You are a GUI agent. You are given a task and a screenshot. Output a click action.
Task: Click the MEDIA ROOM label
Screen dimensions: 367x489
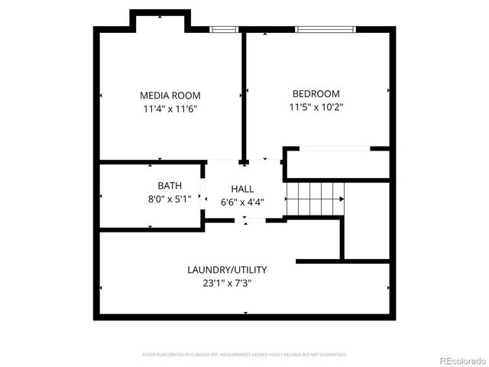click(170, 96)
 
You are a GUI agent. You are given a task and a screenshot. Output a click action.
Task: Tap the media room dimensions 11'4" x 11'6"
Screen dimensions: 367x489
click(170, 109)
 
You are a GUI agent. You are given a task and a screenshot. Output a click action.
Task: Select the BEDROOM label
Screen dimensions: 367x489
click(316, 94)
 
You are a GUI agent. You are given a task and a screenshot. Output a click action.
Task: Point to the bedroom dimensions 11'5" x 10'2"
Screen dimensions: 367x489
click(316, 107)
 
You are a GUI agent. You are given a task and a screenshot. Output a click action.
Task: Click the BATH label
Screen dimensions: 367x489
click(169, 186)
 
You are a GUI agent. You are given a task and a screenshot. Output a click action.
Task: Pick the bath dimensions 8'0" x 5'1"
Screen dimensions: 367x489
click(169, 199)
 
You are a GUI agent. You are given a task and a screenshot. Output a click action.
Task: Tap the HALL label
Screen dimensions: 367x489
click(242, 189)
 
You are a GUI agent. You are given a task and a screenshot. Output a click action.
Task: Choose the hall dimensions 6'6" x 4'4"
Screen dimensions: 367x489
click(242, 202)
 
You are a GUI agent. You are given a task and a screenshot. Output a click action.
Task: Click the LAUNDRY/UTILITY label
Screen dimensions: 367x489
click(227, 270)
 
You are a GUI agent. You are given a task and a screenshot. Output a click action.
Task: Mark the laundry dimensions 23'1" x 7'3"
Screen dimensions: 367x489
click(227, 283)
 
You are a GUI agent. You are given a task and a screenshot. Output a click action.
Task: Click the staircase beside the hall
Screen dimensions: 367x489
click(314, 199)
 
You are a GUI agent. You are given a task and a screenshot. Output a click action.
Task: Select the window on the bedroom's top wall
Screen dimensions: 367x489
click(325, 30)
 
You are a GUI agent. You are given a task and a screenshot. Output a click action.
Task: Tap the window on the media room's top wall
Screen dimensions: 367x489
click(224, 30)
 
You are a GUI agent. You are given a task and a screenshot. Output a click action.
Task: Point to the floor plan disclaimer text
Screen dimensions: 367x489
click(244, 355)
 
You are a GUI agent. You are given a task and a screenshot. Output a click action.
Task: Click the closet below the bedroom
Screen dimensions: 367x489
click(336, 164)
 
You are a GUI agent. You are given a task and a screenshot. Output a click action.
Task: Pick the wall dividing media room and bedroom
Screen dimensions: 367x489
click(244, 96)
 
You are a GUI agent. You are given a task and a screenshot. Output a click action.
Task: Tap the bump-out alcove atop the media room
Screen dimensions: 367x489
click(160, 21)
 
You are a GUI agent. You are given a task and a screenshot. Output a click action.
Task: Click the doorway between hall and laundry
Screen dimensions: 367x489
click(244, 220)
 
